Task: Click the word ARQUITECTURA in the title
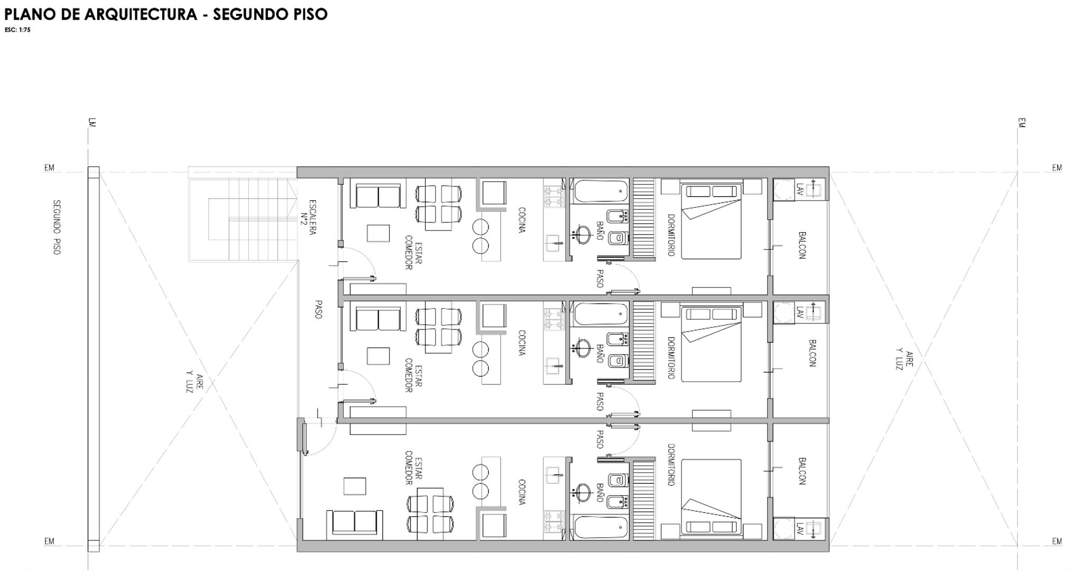141,14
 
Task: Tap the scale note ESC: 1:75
17,30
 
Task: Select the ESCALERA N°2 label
309,217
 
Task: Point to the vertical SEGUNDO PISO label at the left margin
57,227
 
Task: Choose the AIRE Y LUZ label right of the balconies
903,360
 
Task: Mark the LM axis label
92,123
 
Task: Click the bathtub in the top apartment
601,191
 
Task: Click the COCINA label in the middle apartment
522,343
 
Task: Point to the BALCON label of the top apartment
802,245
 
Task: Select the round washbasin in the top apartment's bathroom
583,234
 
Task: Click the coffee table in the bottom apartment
354,486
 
